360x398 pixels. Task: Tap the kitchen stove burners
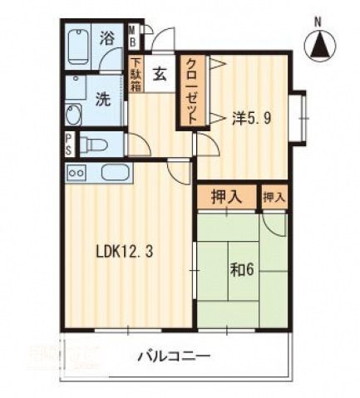click(x=76, y=173)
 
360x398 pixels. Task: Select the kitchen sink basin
click(x=114, y=173)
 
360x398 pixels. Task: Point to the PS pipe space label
click(x=68, y=143)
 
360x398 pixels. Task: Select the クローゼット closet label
click(x=191, y=91)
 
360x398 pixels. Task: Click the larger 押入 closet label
click(x=225, y=197)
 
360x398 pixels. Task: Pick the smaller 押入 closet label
click(x=273, y=197)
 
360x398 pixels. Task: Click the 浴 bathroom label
click(x=107, y=37)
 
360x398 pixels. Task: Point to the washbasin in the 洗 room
click(x=72, y=116)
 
